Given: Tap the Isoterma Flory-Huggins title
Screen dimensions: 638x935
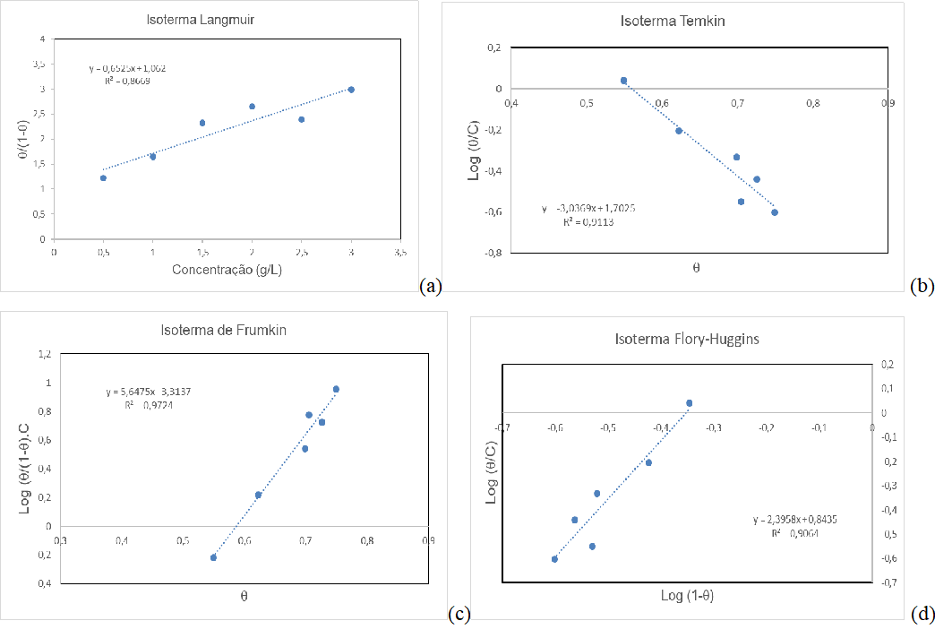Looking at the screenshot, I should [x=688, y=339].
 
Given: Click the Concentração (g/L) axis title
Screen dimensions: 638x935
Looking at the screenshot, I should [x=228, y=270].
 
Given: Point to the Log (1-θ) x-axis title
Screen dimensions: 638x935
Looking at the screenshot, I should [x=687, y=595].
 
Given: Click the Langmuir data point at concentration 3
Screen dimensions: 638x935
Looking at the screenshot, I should [x=351, y=90].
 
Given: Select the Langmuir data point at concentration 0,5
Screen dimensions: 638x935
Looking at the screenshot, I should [x=103, y=178].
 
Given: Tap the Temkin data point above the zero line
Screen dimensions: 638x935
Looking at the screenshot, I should [x=623, y=81].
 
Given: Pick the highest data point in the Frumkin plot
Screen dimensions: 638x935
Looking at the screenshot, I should [x=336, y=389].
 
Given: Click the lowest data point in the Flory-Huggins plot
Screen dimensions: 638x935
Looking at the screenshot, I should [x=554, y=559].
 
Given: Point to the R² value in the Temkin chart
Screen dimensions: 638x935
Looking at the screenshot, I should [x=588, y=221].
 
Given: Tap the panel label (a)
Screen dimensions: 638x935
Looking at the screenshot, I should [x=431, y=286].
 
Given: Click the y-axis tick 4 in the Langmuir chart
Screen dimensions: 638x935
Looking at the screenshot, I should [x=42, y=39].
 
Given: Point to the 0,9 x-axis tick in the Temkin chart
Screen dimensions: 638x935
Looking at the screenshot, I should [x=888, y=103].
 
